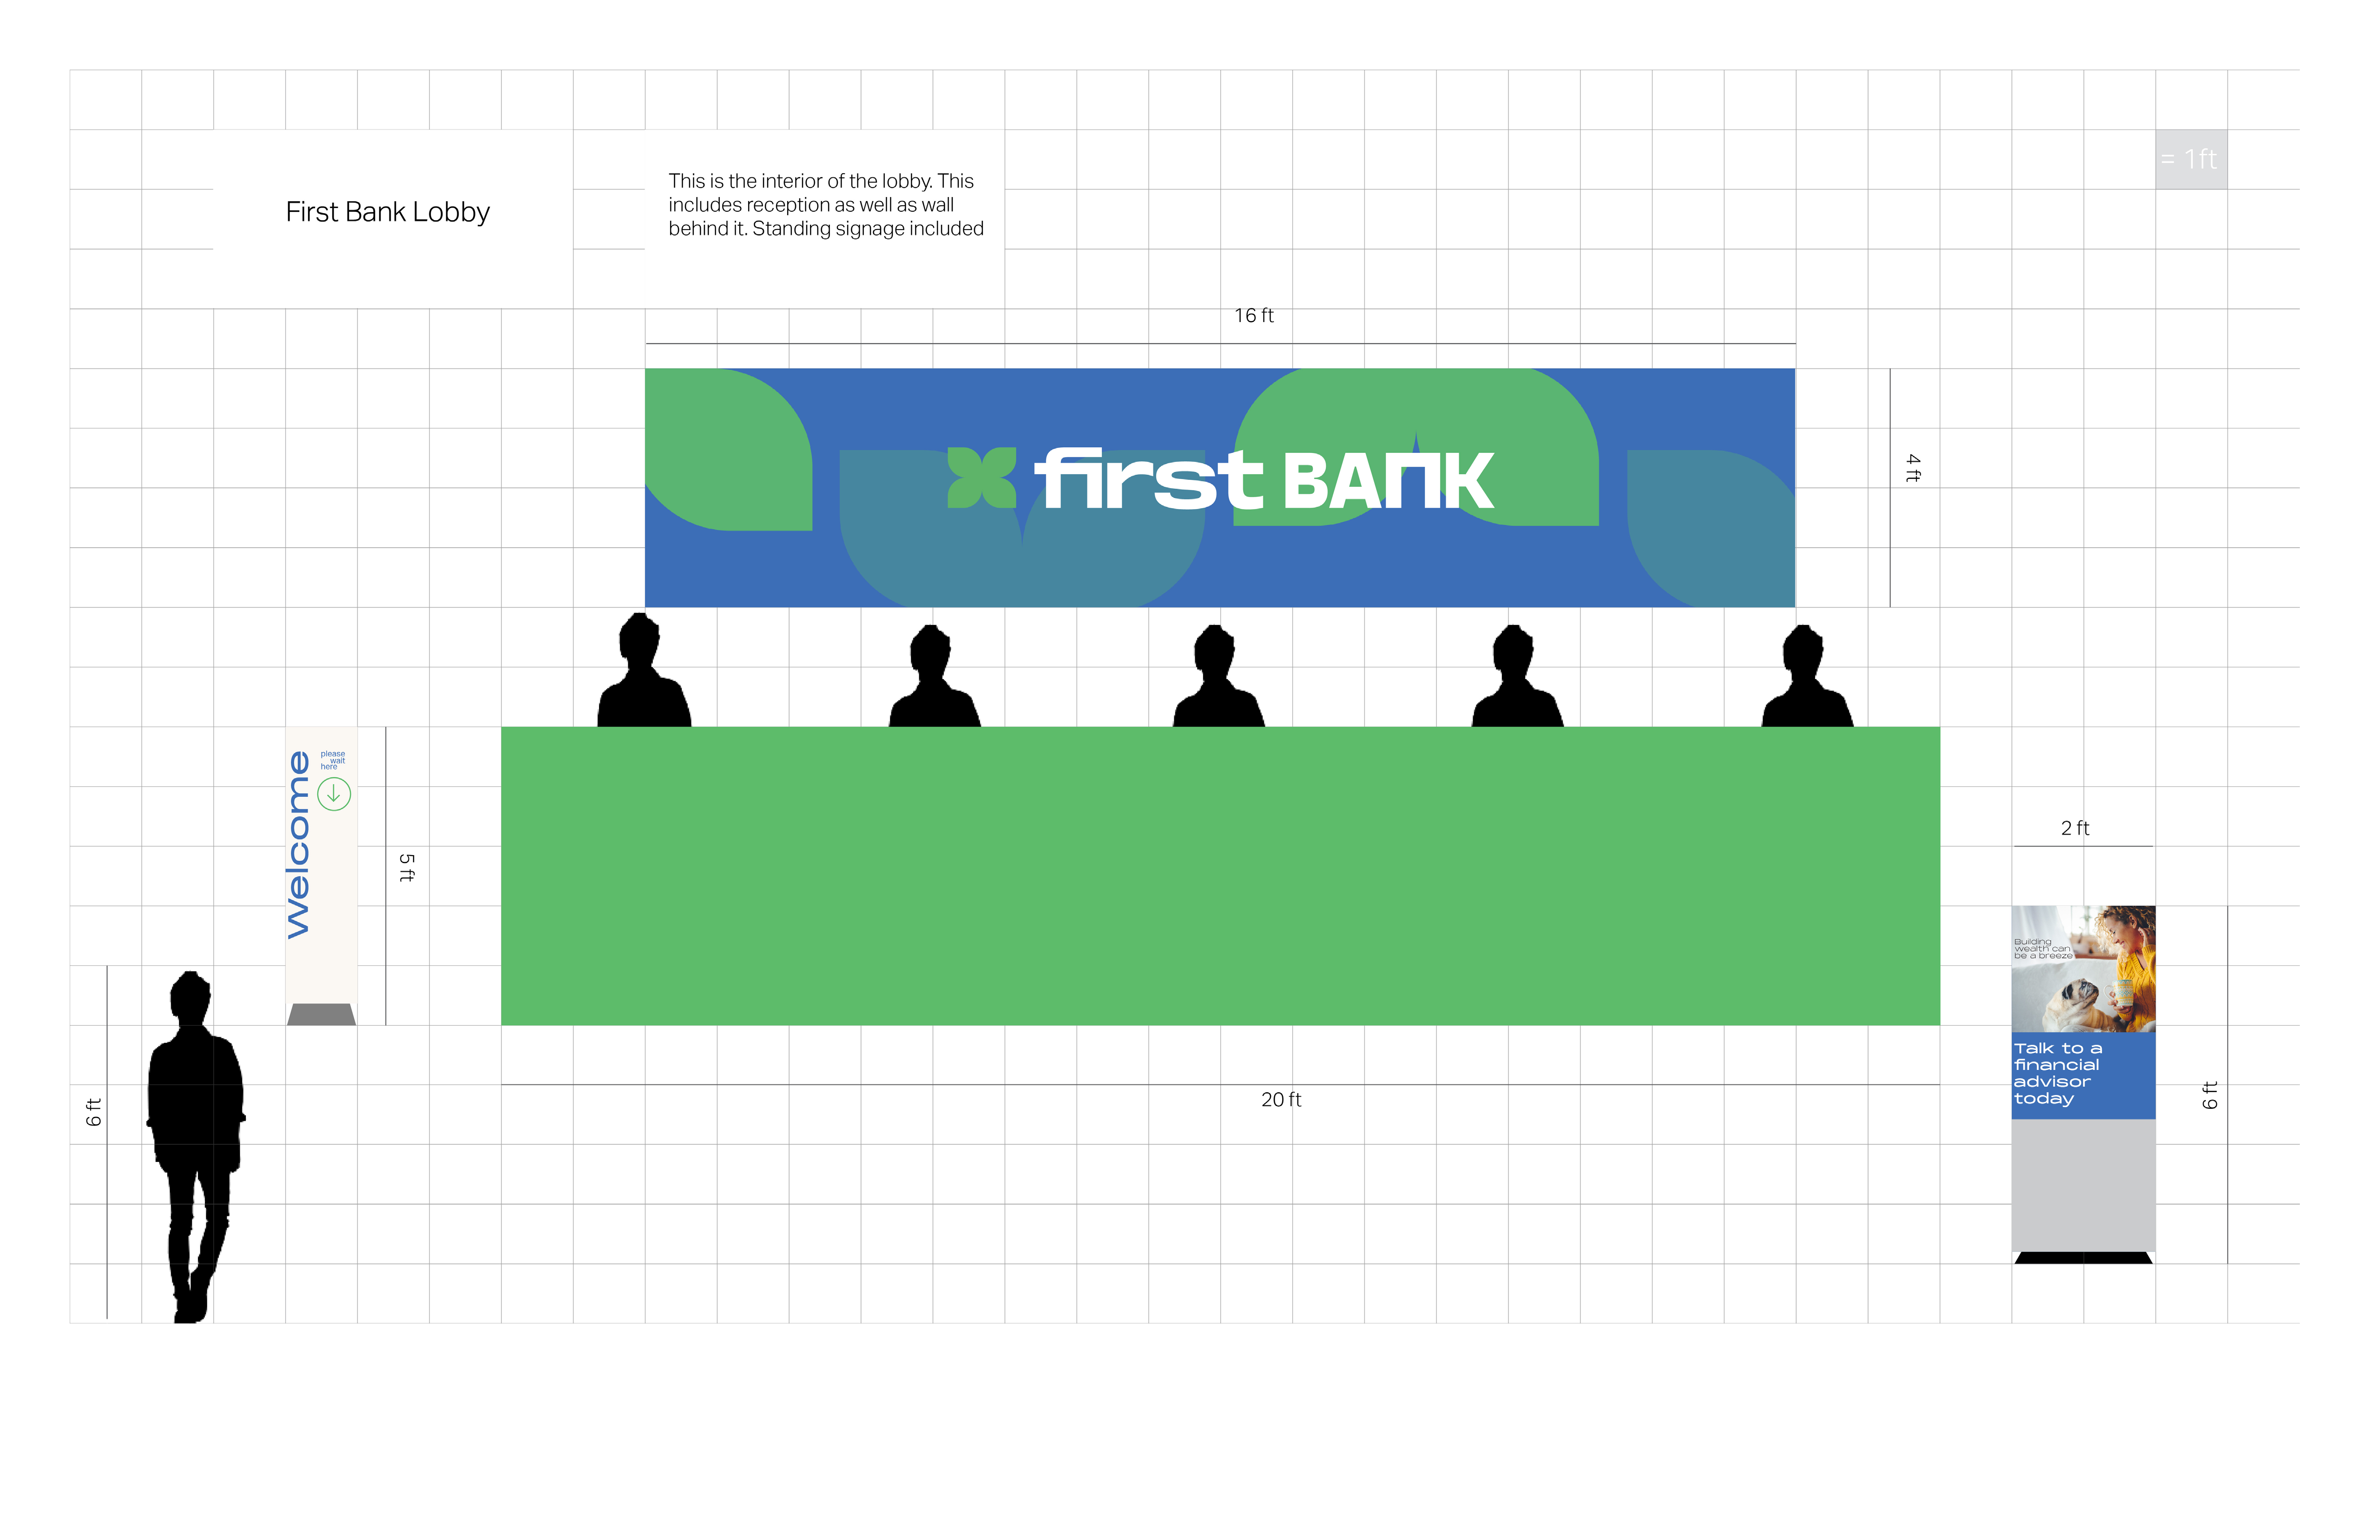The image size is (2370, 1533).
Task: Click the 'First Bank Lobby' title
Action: coord(388,212)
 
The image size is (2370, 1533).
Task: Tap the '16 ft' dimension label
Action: coord(1254,315)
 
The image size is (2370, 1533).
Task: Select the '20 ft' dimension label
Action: coord(1281,1100)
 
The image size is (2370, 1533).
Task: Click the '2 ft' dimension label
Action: coord(2075,828)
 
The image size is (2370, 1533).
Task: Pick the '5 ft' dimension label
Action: coord(406,867)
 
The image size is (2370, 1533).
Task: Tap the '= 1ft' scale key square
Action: coord(2191,159)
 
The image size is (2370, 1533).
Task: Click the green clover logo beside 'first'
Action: coord(981,478)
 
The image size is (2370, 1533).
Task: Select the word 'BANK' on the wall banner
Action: coord(1389,482)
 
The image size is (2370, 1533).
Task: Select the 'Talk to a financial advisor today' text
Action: coord(2057,1073)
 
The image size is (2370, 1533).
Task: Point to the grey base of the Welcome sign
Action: coord(321,1015)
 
